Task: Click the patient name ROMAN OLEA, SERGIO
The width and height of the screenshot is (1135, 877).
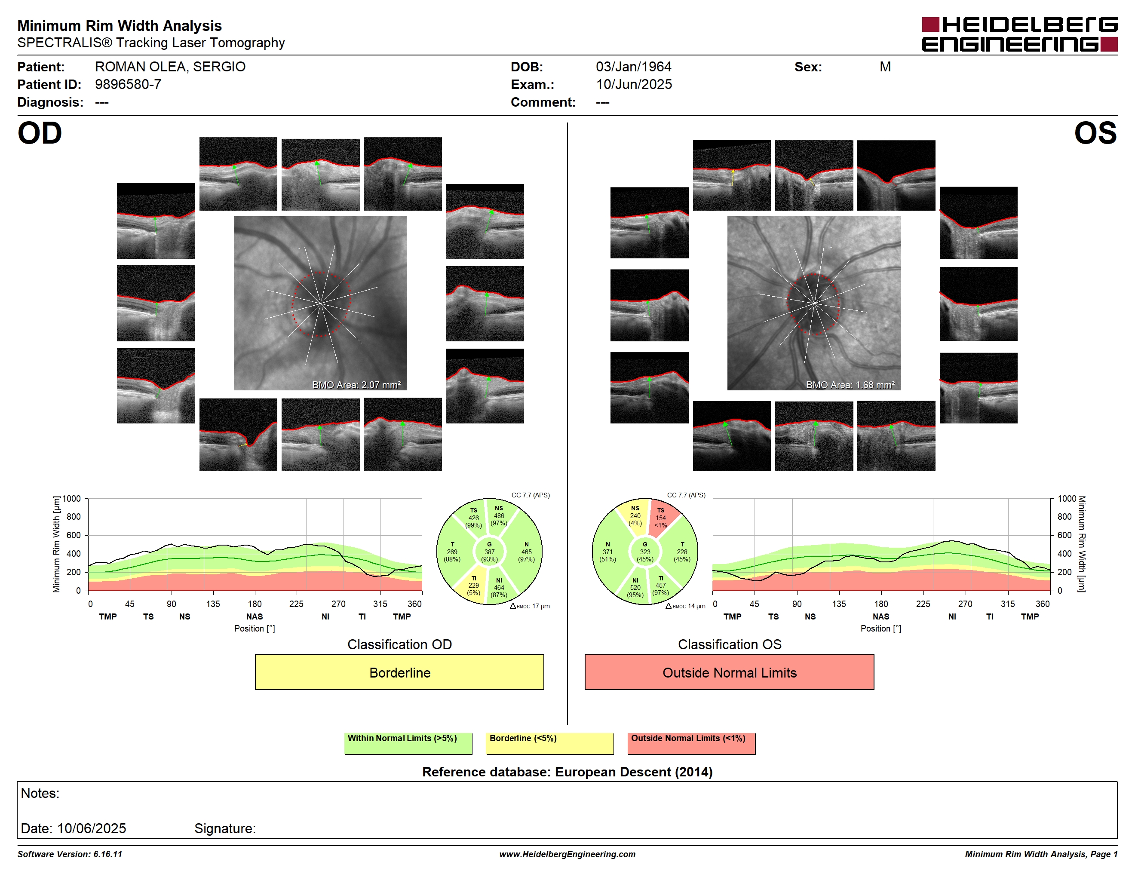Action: point(170,67)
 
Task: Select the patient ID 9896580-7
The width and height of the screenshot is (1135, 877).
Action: point(128,85)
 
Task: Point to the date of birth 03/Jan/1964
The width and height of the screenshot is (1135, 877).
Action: point(634,67)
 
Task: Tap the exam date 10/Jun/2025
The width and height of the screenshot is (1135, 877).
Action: point(634,85)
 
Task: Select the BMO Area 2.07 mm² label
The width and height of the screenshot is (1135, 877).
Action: point(356,385)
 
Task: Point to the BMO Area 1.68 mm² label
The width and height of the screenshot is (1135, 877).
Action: point(850,385)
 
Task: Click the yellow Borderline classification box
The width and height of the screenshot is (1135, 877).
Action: point(399,672)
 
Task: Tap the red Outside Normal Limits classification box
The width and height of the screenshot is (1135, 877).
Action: point(729,672)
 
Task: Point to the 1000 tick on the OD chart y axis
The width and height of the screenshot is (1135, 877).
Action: point(72,499)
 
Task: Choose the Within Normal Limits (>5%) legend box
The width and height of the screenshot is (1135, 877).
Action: point(408,743)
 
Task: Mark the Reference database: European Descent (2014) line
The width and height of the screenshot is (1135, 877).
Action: point(567,772)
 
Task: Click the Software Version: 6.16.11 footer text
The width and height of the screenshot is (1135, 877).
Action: point(70,854)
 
